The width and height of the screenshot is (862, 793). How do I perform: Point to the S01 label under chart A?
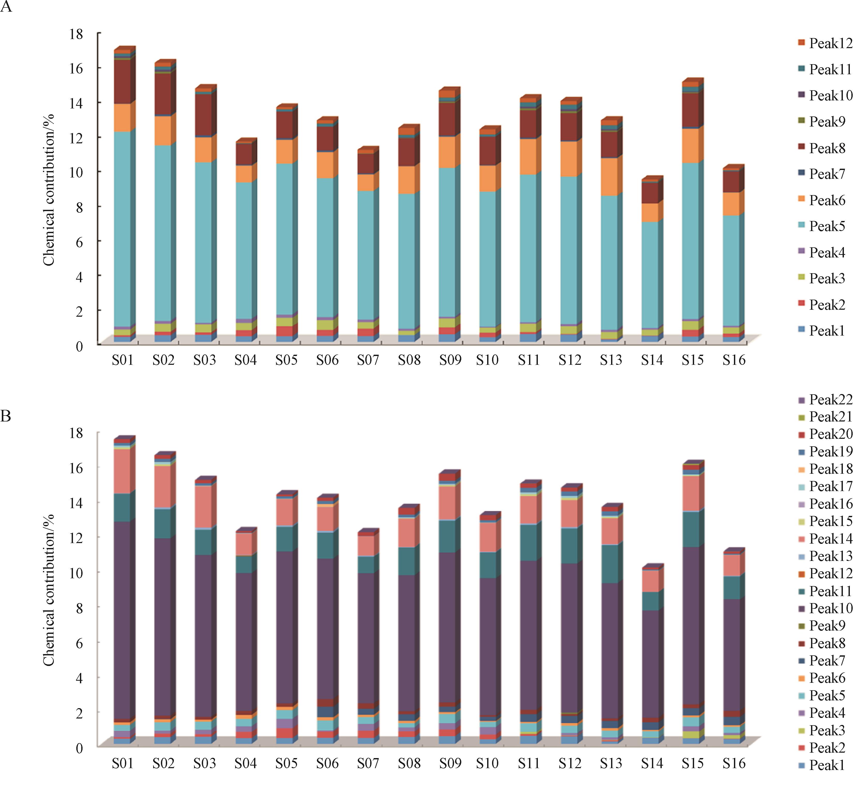tap(122, 360)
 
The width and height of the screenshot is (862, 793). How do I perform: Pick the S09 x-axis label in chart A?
tap(450, 360)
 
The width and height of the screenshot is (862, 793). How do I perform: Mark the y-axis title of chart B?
tap(49, 590)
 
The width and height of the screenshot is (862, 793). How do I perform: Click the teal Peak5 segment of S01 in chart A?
tap(122, 227)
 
